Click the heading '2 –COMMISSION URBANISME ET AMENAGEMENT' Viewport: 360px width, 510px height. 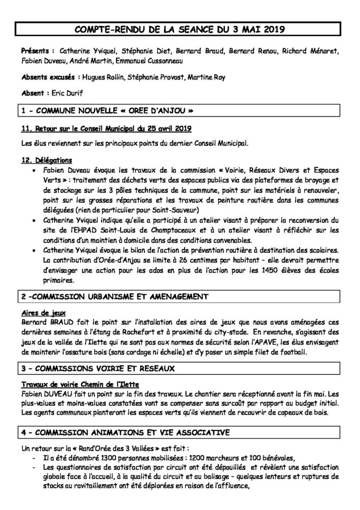[x=112, y=296]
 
